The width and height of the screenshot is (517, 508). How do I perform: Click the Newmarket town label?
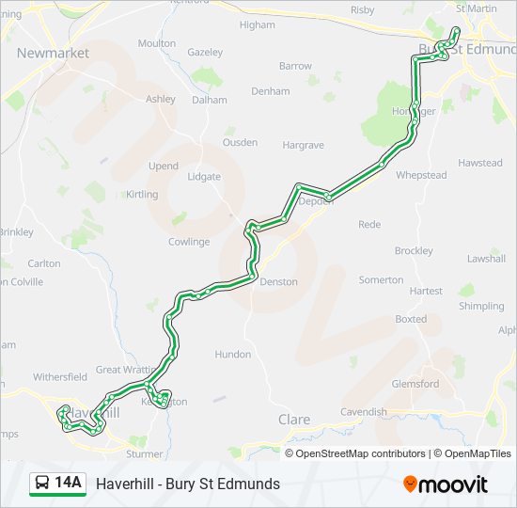pyautogui.click(x=53, y=53)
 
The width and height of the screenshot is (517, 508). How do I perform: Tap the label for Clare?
pyautogui.click(x=294, y=419)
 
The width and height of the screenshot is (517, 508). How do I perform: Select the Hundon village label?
pyautogui.click(x=233, y=355)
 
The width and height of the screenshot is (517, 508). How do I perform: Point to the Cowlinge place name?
pyautogui.click(x=189, y=242)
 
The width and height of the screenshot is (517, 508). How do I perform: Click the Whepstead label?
pyautogui.click(x=420, y=175)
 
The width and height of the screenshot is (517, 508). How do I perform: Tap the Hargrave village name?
pyautogui.click(x=303, y=146)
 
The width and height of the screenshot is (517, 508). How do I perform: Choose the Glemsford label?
pyautogui.click(x=415, y=384)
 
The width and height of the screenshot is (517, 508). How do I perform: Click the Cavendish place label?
pyautogui.click(x=363, y=412)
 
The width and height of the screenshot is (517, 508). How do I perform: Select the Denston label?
pyautogui.click(x=278, y=281)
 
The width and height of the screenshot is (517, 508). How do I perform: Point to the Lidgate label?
pyautogui.click(x=204, y=177)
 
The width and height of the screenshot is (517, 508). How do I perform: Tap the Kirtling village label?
pyautogui.click(x=143, y=194)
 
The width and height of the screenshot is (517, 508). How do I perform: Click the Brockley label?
pyautogui.click(x=414, y=251)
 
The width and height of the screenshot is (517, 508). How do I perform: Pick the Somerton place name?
pyautogui.click(x=381, y=280)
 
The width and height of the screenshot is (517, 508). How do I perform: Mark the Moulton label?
pyautogui.click(x=156, y=43)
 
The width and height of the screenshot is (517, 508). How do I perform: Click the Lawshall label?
pyautogui.click(x=486, y=259)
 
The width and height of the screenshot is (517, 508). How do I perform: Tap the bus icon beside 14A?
pyautogui.click(x=42, y=484)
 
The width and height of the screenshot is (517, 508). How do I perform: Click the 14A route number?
pyautogui.click(x=69, y=484)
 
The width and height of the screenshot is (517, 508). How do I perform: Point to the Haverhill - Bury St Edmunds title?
pyautogui.click(x=188, y=484)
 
